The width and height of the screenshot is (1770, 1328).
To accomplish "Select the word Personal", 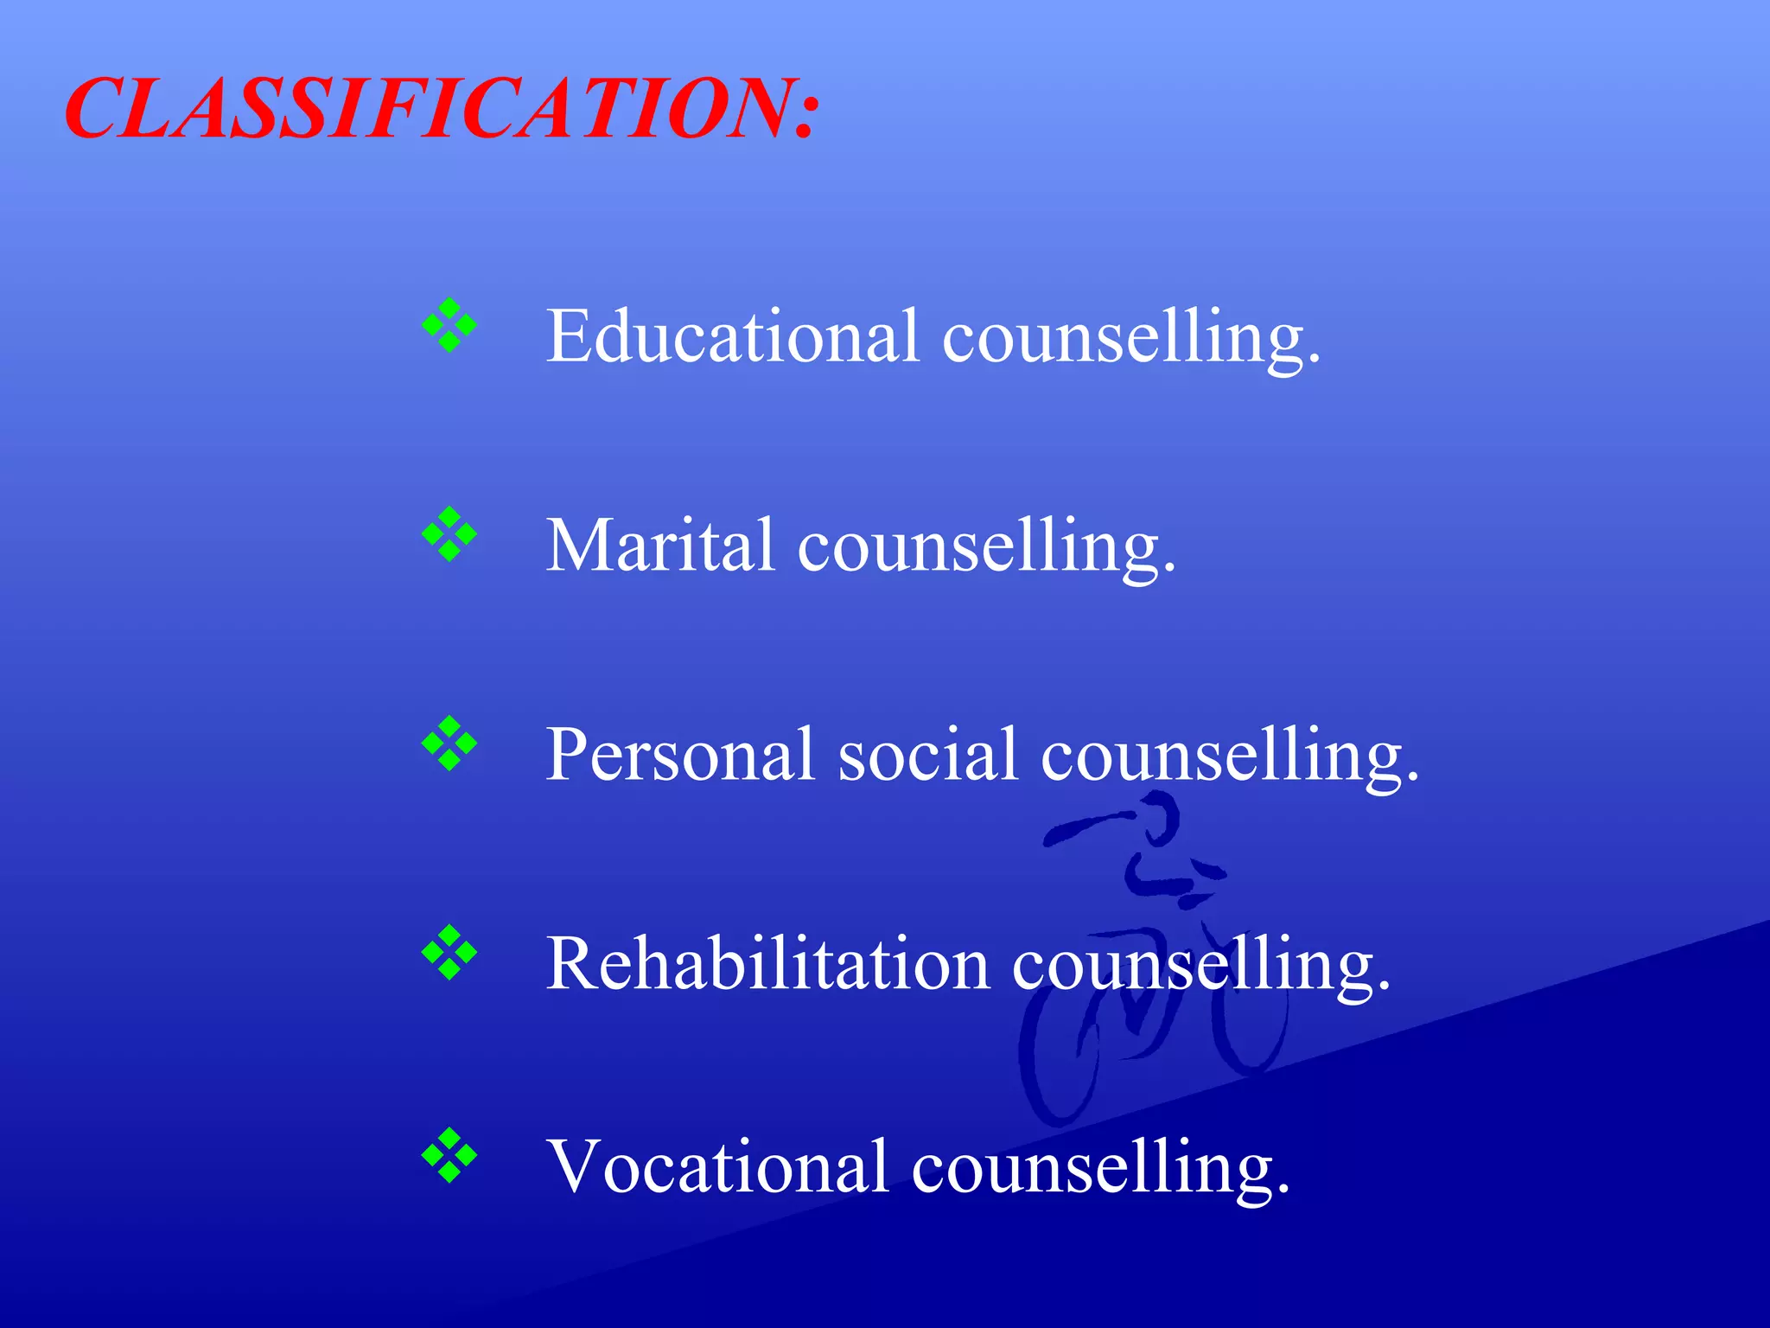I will point(679,754).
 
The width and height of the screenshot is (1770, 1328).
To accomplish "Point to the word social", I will point(927,754).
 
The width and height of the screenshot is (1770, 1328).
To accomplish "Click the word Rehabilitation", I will point(767,963).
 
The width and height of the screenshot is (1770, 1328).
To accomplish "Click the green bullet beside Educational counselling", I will point(449,325).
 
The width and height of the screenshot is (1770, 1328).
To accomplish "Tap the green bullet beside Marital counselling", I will point(449,534).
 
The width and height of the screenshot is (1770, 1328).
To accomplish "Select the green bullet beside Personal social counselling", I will point(449,744).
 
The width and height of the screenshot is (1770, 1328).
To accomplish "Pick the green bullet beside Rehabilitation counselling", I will point(449,953).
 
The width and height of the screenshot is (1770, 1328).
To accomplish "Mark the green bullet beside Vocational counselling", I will point(449,1155).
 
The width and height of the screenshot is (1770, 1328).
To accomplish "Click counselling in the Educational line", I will point(1130,337).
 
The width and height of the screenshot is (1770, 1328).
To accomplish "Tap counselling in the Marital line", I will point(985,546).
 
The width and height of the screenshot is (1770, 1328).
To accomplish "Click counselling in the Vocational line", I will point(1099,1167).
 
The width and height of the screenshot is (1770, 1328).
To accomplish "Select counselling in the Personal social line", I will point(1229,756).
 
